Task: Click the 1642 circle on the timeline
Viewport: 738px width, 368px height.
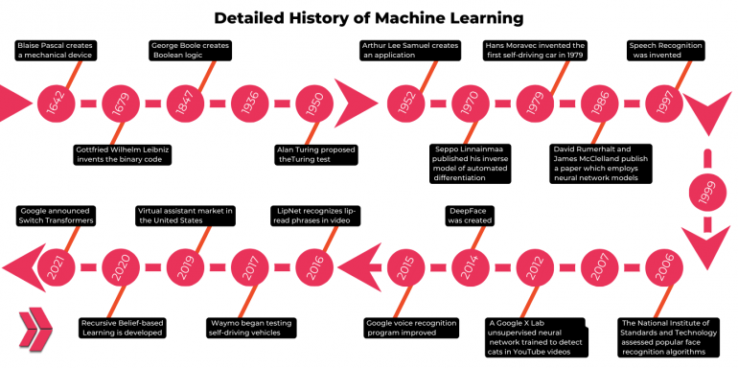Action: point(55,103)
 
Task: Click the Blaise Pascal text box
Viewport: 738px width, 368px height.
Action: point(58,51)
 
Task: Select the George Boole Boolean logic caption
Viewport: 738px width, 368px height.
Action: point(192,51)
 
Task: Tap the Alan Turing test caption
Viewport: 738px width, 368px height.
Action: point(316,154)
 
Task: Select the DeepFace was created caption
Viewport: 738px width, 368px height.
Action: point(470,215)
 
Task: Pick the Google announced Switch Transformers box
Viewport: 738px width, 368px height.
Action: point(58,215)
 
